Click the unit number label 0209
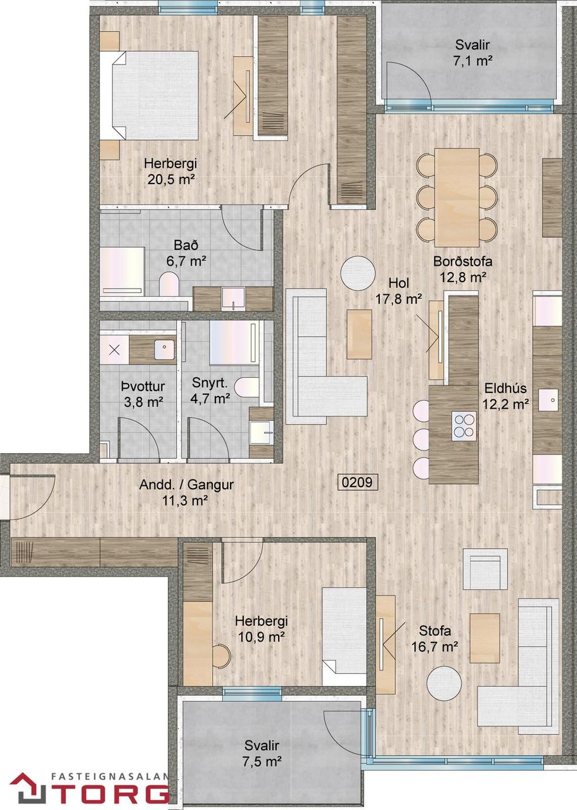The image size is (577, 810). pos(357,482)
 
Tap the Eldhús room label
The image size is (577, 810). pos(505,389)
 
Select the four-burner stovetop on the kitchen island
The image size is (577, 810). pos(464,426)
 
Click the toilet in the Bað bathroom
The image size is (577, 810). pos(169,284)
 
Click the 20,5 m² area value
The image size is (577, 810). pos(169,179)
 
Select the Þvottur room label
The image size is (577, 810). pos(143,387)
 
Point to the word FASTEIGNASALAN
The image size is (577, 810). pos(110,776)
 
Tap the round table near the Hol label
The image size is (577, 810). pos(358,273)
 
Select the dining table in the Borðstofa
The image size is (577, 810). pos(457,197)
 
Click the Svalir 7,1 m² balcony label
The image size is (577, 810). pos(472,53)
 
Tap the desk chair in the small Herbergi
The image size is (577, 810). pos(222,656)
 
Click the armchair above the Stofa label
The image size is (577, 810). pos(485,569)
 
